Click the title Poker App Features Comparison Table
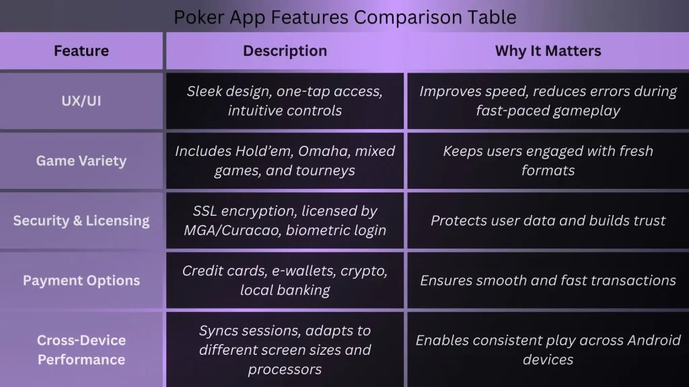pyautogui.click(x=345, y=17)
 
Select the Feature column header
pyautogui.click(x=81, y=51)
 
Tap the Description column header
pyautogui.click(x=285, y=51)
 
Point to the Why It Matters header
pyautogui.click(x=548, y=51)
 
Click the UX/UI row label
pyautogui.click(x=81, y=101)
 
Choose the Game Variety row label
pyautogui.click(x=81, y=161)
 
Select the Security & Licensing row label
pyautogui.click(x=81, y=220)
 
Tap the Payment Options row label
pyautogui.click(x=81, y=280)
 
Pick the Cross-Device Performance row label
pyautogui.click(x=81, y=349)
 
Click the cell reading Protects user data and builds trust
pyautogui.click(x=548, y=220)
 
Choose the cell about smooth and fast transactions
pyautogui.click(x=548, y=280)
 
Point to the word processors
pyautogui.click(x=285, y=370)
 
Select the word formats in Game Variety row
pyautogui.click(x=548, y=170)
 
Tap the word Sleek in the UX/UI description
pyautogui.click(x=205, y=91)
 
